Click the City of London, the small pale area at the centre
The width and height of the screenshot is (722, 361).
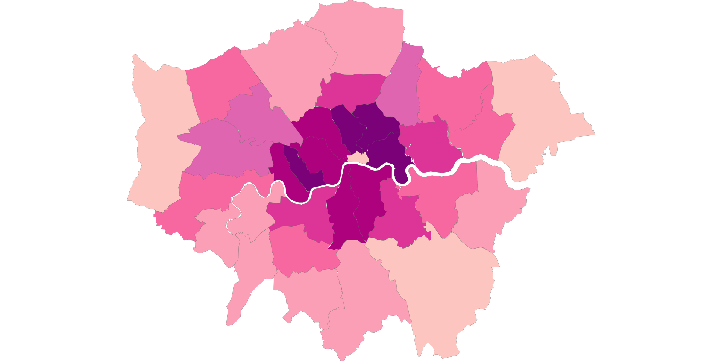click(x=358, y=158)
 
